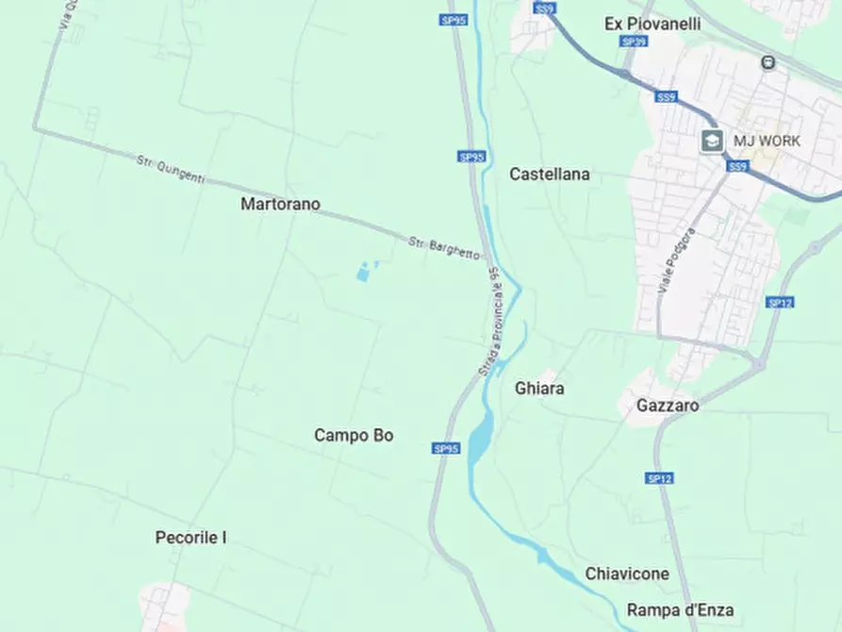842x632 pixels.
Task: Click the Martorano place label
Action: [x=280, y=204]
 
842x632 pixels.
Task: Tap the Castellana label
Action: [x=550, y=175]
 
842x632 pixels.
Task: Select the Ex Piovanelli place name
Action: [x=652, y=24]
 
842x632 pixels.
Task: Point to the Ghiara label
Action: [x=540, y=388]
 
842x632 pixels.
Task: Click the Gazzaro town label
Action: [x=668, y=406]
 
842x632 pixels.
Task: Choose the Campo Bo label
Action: [x=354, y=436]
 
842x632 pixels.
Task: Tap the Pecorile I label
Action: [x=190, y=538]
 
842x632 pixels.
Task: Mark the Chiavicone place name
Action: [x=627, y=574]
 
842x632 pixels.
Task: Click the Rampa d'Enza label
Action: [x=680, y=610]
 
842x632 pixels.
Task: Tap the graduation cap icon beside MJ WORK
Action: [x=712, y=141]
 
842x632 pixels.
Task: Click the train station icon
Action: [x=769, y=63]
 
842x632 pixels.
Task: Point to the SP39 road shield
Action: [x=634, y=42]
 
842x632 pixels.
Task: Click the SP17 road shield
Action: [x=778, y=303]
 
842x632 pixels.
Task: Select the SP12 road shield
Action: [x=660, y=478]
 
